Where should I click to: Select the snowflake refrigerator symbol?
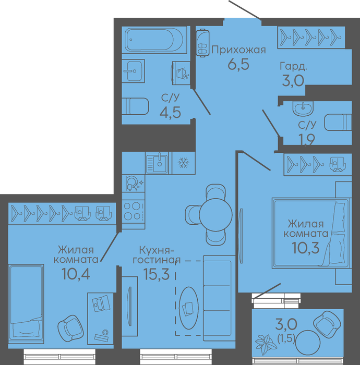point(184,163)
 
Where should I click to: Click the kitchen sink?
point(157,163)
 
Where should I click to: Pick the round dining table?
point(215,215)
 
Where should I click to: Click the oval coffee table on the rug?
point(189,308)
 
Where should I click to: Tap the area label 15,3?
point(156,274)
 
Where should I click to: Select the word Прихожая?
point(238,50)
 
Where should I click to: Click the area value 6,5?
point(238,64)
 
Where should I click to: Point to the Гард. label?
point(293,66)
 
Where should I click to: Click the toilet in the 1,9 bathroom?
point(338,122)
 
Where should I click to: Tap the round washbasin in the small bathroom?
point(303,108)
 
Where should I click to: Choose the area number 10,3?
point(306,248)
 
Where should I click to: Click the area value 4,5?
point(170,113)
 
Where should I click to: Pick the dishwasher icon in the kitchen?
point(133,184)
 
